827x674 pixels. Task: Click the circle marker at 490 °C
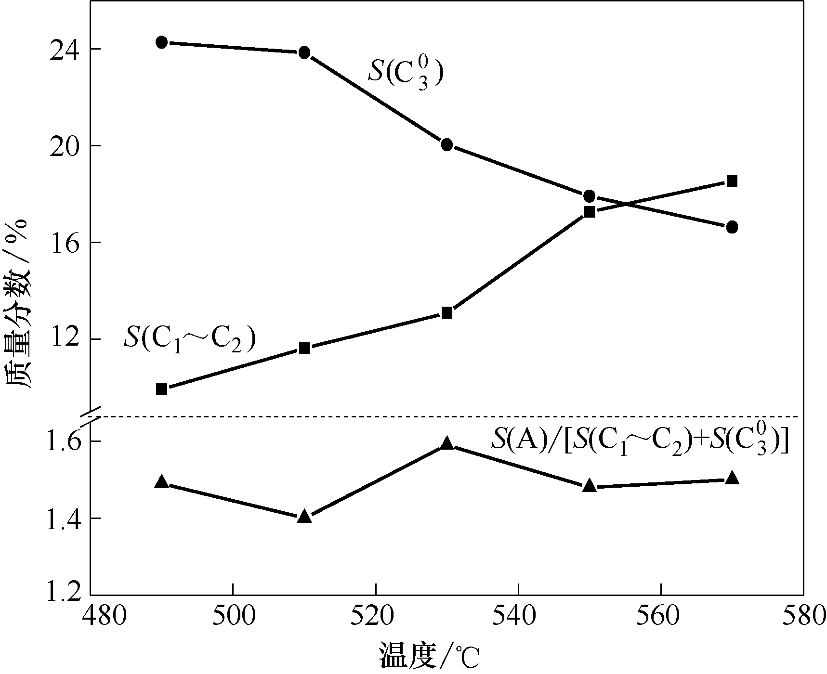(162, 42)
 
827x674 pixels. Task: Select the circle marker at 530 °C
(447, 144)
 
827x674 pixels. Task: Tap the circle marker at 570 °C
(732, 227)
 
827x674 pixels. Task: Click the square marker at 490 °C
(162, 389)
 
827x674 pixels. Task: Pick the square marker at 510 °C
(304, 348)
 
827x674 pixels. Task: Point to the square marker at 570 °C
(732, 181)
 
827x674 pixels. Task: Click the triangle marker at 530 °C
(447, 443)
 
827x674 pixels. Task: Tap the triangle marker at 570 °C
(732, 478)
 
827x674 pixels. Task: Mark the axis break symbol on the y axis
(90, 417)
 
